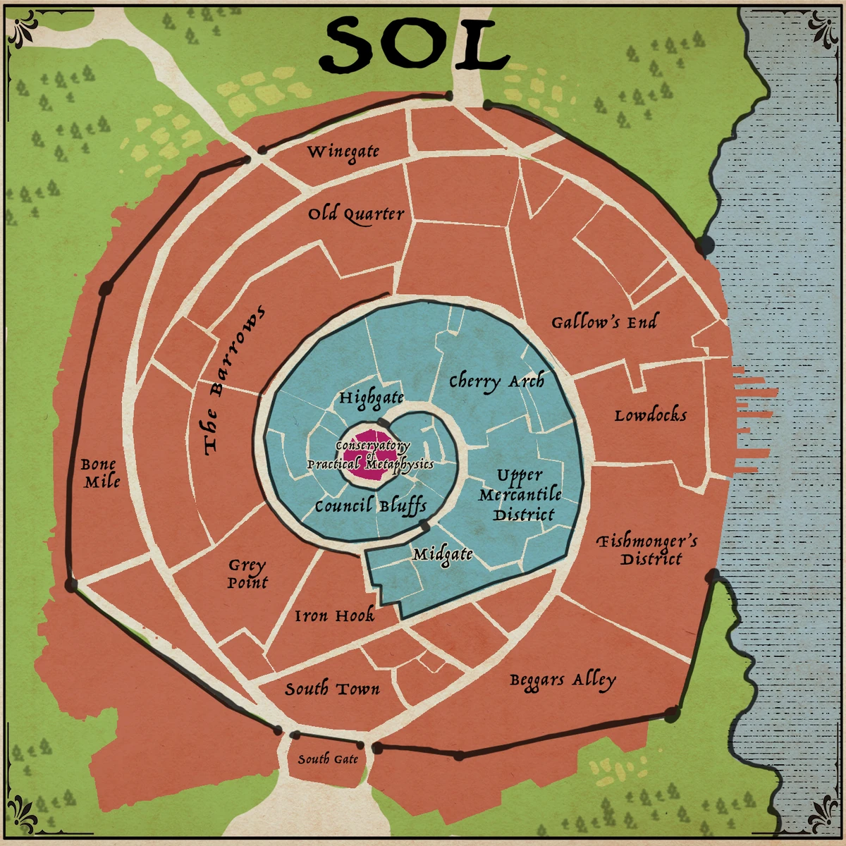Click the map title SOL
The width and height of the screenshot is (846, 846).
point(414,44)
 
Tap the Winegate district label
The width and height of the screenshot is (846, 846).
point(343,152)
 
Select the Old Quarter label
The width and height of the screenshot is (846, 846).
point(356,214)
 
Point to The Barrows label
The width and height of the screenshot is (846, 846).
point(233,380)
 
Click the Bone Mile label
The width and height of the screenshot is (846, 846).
point(100,473)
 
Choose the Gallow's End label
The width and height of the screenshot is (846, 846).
point(603,323)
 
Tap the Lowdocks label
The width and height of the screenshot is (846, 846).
point(650,415)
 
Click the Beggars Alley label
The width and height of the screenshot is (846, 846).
point(563,680)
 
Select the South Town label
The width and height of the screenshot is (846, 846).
point(332,689)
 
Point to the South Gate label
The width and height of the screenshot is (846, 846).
point(328,759)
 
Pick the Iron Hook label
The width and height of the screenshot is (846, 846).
point(334,616)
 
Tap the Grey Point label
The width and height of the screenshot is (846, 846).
point(247,574)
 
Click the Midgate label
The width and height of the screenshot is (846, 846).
point(443,555)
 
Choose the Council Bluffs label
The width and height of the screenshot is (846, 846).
point(371,506)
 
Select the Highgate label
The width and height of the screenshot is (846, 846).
point(372,398)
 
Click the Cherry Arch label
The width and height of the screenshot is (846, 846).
point(497,381)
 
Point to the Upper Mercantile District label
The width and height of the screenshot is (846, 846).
point(521,495)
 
